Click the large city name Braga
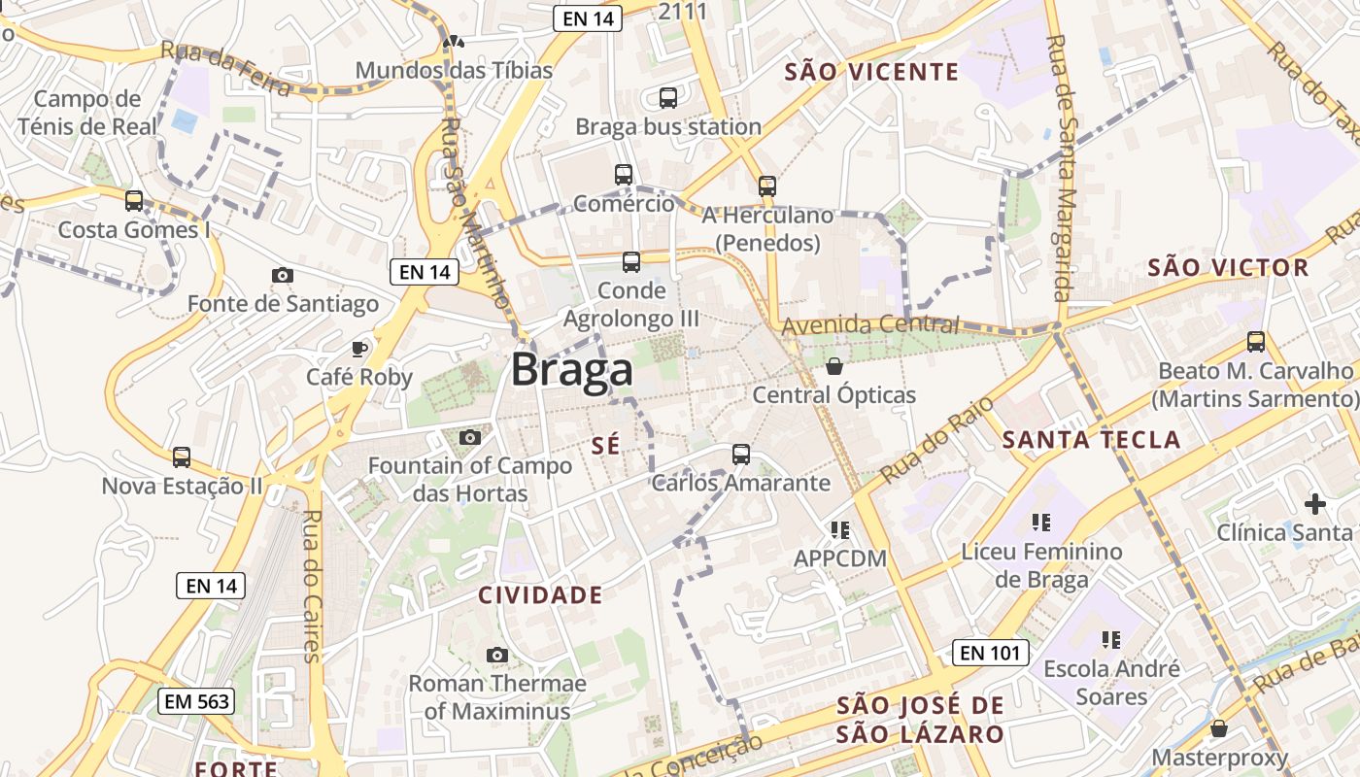click(x=572, y=370)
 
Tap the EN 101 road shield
click(x=989, y=653)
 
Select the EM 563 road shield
click(x=197, y=701)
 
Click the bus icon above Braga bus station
click(x=668, y=97)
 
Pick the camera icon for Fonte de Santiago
click(x=283, y=275)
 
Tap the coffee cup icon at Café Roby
click(x=359, y=348)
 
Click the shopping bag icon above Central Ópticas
click(x=833, y=366)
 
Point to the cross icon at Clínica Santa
click(x=1315, y=504)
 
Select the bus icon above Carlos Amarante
click(x=741, y=454)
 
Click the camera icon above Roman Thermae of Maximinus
click(x=497, y=655)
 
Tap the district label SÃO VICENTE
click(x=871, y=72)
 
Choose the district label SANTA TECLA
click(x=1091, y=439)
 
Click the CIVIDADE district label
click(x=540, y=595)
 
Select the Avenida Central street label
click(x=870, y=325)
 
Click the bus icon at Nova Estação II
click(x=182, y=456)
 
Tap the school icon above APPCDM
click(x=840, y=529)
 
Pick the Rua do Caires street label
click(x=313, y=586)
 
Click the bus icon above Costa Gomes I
click(x=134, y=201)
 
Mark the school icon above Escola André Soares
click(x=1111, y=639)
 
